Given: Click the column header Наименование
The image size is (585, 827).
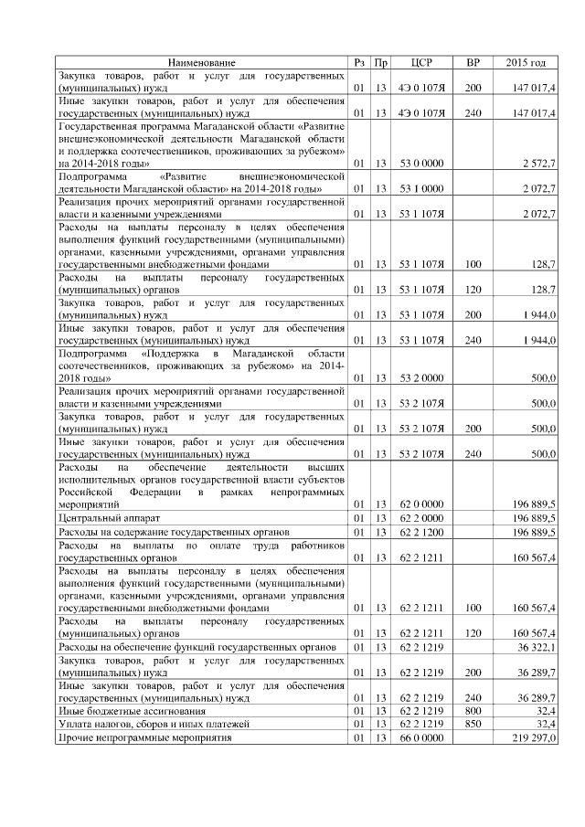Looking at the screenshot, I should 200,62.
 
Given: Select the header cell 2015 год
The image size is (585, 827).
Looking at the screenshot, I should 526,62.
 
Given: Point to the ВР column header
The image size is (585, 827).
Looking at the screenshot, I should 473,62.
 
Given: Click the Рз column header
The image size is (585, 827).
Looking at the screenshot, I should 360,62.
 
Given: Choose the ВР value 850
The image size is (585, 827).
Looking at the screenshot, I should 473,724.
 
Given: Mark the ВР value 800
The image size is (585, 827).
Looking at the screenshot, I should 473,710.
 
